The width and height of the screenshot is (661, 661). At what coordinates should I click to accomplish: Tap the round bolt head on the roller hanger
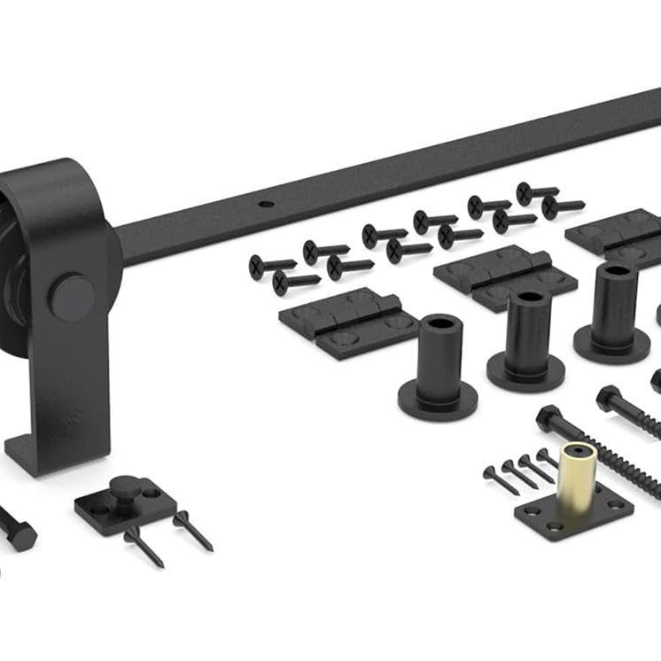pos(72,298)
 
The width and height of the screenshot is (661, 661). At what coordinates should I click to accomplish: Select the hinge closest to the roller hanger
pos(348,323)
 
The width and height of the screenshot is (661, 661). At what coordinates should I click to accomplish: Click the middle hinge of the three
pos(504,277)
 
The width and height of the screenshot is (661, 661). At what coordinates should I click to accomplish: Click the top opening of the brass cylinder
pos(578,448)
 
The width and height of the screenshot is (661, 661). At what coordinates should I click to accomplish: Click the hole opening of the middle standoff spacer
pos(530,299)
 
